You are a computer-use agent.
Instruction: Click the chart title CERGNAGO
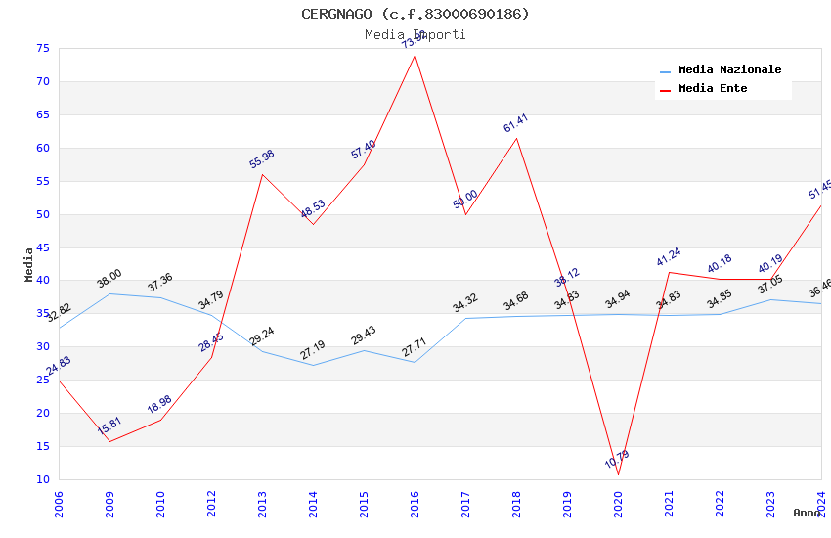point(415,14)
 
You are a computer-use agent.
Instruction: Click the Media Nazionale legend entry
point(729,70)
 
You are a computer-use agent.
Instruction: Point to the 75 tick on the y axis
point(41,48)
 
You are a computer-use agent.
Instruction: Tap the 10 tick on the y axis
point(41,479)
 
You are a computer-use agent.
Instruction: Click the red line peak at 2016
point(415,55)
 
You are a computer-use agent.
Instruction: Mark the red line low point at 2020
point(618,474)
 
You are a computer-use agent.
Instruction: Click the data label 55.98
point(262,159)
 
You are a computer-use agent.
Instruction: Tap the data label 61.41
point(515,123)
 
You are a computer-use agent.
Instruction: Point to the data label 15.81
point(109,426)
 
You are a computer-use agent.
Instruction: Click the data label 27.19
point(313,350)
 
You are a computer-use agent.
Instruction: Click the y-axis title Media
point(28,264)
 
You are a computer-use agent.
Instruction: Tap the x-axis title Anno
point(807,513)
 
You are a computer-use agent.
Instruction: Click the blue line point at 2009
point(109,293)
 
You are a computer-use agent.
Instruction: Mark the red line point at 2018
point(516,138)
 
